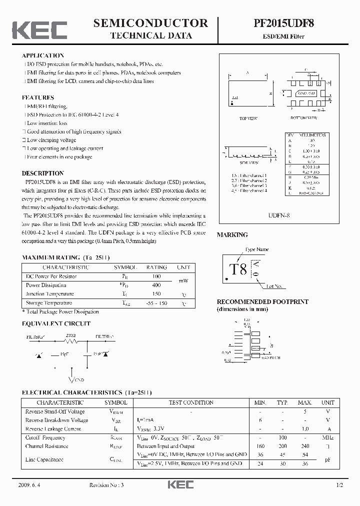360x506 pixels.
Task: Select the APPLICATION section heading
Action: pyautogui.click(x=43, y=55)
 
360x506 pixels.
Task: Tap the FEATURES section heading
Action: pyautogui.click(x=38, y=97)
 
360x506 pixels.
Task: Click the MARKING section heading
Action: pyautogui.click(x=232, y=234)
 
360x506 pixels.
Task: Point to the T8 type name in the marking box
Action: pyautogui.click(x=238, y=269)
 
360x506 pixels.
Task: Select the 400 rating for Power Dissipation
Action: pyautogui.click(x=156, y=285)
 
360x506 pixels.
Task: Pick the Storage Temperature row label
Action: pyautogui.click(x=49, y=303)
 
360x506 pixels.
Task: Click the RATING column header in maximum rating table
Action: pyautogui.click(x=156, y=267)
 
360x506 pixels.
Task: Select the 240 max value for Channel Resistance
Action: pyautogui.click(x=305, y=446)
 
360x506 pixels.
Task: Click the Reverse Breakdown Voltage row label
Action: pyautogui.click(x=56, y=420)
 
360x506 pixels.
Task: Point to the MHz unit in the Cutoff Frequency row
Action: pyautogui.click(x=327, y=437)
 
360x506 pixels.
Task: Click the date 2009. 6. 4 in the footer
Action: pyautogui.click(x=31, y=485)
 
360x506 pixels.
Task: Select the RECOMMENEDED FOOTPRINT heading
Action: pyautogui.click(x=262, y=302)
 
